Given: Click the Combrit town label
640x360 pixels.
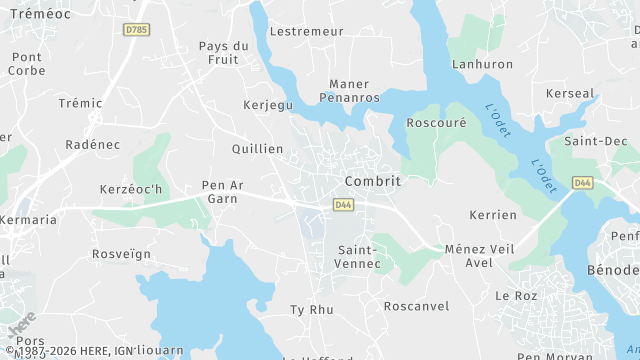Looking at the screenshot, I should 372,181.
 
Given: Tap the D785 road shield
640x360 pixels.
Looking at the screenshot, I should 137,30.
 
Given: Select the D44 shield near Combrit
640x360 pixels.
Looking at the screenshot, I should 343,205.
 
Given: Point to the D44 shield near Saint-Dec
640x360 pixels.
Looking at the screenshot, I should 582,183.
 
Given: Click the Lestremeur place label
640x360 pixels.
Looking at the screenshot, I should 306,31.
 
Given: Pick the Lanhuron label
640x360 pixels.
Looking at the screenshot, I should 482,64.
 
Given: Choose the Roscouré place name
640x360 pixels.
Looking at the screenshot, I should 437,123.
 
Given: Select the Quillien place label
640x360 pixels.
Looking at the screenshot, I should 257,148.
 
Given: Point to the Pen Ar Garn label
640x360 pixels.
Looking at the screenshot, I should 223,191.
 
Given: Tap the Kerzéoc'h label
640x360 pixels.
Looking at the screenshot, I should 130,189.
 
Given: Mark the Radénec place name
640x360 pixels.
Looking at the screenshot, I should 92,144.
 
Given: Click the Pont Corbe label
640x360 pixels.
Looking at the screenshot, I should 26,64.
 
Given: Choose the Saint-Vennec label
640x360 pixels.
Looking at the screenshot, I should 359,256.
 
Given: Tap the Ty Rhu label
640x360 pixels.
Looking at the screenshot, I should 311,309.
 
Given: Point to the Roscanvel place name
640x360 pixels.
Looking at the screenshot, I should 416,306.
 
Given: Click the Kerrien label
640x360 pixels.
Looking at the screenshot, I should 493,215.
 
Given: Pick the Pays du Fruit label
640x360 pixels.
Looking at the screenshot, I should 224,52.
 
